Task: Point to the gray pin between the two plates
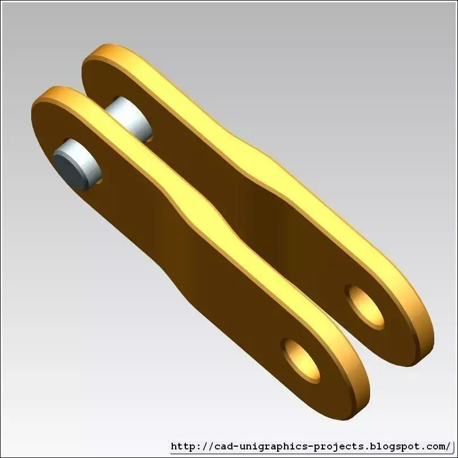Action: pos(129,119)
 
